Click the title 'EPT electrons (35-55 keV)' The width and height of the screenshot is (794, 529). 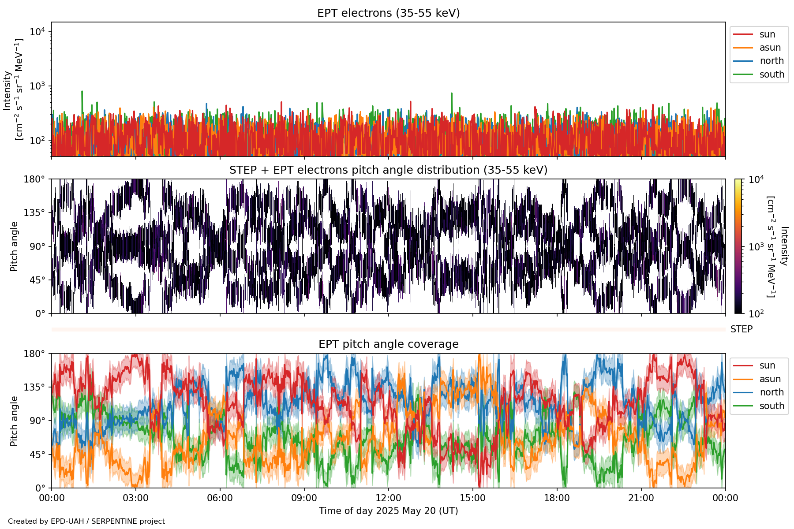pos(388,13)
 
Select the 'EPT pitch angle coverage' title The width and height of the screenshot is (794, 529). pos(388,344)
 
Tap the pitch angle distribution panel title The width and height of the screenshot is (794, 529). pos(388,170)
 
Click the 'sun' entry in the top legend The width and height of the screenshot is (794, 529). pos(767,34)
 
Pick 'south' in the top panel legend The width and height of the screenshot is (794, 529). pos(772,75)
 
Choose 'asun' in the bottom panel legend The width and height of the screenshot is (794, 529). pos(770,379)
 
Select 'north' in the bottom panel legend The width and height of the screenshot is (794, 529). pos(772,392)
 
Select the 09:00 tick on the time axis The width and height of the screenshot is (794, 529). pos(304,498)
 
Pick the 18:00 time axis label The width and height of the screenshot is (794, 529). pos(557,498)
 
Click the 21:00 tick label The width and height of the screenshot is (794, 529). pos(641,498)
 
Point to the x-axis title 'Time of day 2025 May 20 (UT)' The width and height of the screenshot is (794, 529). pos(388,511)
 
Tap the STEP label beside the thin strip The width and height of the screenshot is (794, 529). pos(741,329)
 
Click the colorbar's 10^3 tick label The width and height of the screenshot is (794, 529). pos(756,247)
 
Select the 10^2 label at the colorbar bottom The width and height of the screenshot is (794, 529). pos(756,314)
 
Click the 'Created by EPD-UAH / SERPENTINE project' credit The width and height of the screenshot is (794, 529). pos(86,522)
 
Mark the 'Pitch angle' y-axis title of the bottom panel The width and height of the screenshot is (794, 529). pos(14,421)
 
